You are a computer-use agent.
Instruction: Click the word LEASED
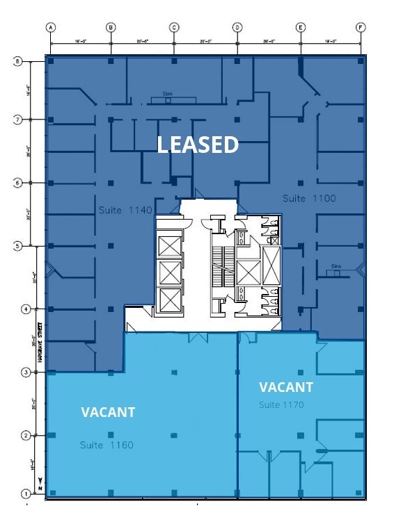point(198,145)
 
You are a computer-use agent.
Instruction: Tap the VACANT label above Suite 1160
point(108,412)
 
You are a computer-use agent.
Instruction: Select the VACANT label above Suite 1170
point(286,387)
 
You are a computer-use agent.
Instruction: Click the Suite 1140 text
point(126,209)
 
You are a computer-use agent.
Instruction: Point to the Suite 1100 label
point(309,199)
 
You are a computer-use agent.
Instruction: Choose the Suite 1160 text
point(106,445)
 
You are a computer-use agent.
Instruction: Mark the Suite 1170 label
point(281,404)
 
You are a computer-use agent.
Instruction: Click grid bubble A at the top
point(50,28)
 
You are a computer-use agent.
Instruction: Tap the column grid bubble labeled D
point(237,28)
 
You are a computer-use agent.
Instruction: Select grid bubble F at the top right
point(361,28)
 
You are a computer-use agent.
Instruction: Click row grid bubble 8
point(18,61)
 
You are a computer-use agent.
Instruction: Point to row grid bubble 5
point(18,245)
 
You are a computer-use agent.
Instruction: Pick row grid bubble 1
point(26,494)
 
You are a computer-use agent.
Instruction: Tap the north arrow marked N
point(40,484)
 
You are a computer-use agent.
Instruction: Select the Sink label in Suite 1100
point(337,266)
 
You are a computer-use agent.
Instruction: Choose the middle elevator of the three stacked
point(169,273)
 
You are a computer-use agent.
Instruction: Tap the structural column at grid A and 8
point(51,62)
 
